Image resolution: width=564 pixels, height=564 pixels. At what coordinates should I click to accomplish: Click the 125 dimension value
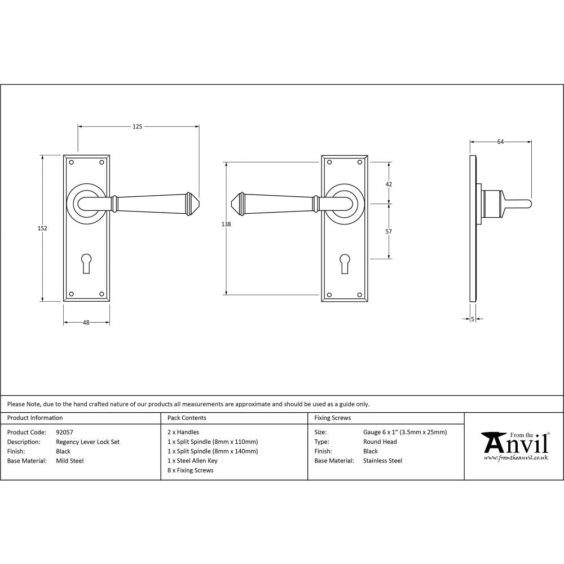(137, 126)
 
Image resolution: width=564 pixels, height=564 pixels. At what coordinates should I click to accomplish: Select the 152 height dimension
(42, 228)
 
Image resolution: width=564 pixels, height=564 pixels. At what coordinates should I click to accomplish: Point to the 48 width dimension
(86, 323)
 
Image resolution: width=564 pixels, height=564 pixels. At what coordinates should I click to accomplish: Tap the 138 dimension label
(226, 224)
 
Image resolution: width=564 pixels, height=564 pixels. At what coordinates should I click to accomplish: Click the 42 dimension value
(389, 184)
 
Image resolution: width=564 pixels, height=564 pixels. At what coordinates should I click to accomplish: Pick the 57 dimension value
(389, 232)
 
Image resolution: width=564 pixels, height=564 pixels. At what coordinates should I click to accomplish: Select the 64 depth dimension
(500, 142)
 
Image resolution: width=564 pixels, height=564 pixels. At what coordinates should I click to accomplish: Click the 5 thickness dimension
(473, 319)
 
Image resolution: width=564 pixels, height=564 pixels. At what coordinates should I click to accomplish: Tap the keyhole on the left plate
(86, 263)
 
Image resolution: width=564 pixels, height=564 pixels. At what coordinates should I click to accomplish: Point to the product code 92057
(65, 433)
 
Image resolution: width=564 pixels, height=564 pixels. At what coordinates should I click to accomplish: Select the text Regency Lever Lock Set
(87, 442)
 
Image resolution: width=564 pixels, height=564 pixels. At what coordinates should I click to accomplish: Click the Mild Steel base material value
(70, 461)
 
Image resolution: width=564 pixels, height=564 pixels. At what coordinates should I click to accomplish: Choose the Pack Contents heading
(187, 418)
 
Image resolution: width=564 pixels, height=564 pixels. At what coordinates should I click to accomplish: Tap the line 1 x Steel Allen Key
(192, 461)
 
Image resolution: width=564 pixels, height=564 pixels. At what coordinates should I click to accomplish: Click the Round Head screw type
(380, 442)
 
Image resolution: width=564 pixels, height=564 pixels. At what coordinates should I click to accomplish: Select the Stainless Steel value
(383, 461)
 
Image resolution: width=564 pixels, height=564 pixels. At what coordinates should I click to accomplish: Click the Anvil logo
(514, 446)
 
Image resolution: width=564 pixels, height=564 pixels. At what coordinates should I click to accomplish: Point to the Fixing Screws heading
(332, 418)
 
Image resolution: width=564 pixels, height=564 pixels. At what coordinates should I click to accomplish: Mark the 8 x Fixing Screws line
(191, 470)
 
